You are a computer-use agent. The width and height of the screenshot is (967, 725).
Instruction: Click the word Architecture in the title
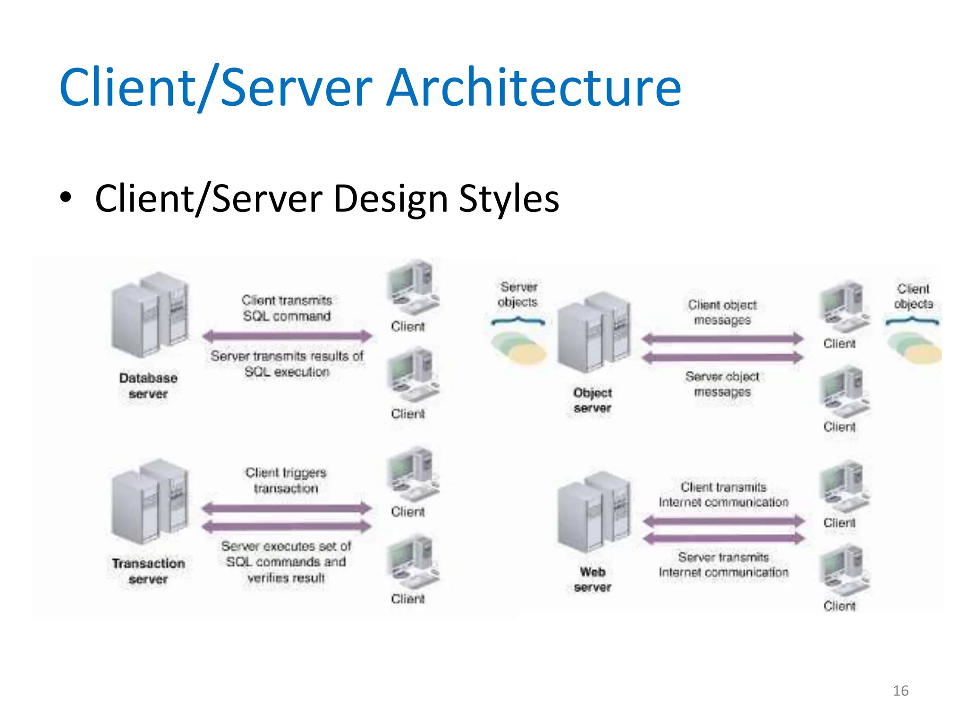click(534, 88)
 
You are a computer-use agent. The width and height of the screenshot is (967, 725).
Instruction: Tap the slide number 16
click(900, 691)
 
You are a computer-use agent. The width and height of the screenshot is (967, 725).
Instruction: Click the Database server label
click(148, 386)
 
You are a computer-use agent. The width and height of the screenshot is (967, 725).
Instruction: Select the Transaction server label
click(148, 571)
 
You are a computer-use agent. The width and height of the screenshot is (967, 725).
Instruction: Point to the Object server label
click(593, 400)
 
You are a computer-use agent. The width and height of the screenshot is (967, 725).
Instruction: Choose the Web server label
click(593, 579)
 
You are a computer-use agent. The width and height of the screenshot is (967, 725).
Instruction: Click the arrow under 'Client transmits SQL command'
click(287, 336)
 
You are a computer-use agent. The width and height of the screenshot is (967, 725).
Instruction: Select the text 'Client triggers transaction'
click(286, 480)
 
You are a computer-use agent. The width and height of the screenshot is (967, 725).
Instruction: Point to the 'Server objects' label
click(518, 294)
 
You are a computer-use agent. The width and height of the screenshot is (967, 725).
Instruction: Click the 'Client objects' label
click(914, 296)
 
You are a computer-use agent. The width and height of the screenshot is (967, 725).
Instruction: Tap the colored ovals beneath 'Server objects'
click(518, 347)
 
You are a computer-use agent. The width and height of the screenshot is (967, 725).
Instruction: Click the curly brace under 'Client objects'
click(912, 321)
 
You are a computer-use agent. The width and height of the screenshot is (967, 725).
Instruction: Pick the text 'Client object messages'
click(722, 312)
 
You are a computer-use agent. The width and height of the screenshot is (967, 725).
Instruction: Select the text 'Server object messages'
click(722, 384)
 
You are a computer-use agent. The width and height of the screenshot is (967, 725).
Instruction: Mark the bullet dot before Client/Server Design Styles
click(66, 197)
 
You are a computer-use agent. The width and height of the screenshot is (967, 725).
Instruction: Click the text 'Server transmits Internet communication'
click(723, 565)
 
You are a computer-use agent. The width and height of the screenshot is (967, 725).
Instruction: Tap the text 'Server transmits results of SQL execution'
click(287, 363)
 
